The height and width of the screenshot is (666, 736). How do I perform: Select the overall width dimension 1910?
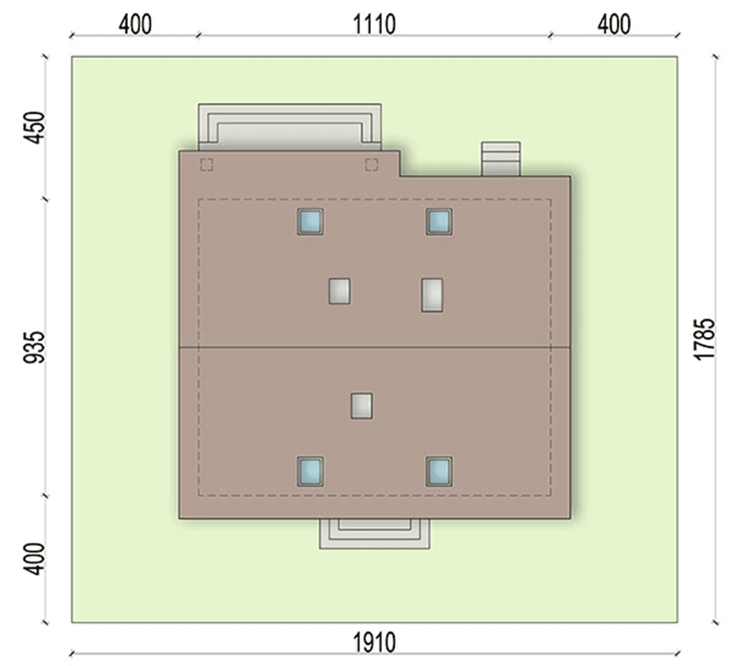pos(374,642)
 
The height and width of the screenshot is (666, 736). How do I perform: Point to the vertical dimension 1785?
pos(704,339)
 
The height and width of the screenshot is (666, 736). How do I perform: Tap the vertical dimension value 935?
pos(34,347)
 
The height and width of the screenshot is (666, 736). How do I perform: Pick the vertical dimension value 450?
pos(34,128)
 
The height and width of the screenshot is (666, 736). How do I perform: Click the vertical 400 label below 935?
pos(34,558)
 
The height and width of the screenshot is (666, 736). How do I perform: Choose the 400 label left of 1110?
pos(135,24)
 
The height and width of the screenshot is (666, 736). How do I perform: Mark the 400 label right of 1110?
pos(614,24)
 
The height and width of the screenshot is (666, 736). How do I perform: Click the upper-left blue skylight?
pos(310,222)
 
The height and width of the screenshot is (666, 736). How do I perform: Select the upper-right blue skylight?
pos(439,222)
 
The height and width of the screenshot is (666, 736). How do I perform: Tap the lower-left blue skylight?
pos(310,472)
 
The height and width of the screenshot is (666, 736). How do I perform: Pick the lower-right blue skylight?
pos(439,472)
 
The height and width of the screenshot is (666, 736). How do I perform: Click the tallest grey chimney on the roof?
pos(432,295)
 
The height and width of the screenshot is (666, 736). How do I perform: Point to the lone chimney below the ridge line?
pos(362,406)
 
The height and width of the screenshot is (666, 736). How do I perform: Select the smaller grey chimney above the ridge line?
pos(339,291)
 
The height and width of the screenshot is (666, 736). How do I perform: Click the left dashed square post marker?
pos(207,165)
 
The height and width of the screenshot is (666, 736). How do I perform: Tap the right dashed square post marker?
pos(372,165)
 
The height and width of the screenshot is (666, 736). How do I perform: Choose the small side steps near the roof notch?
pos(501,159)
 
